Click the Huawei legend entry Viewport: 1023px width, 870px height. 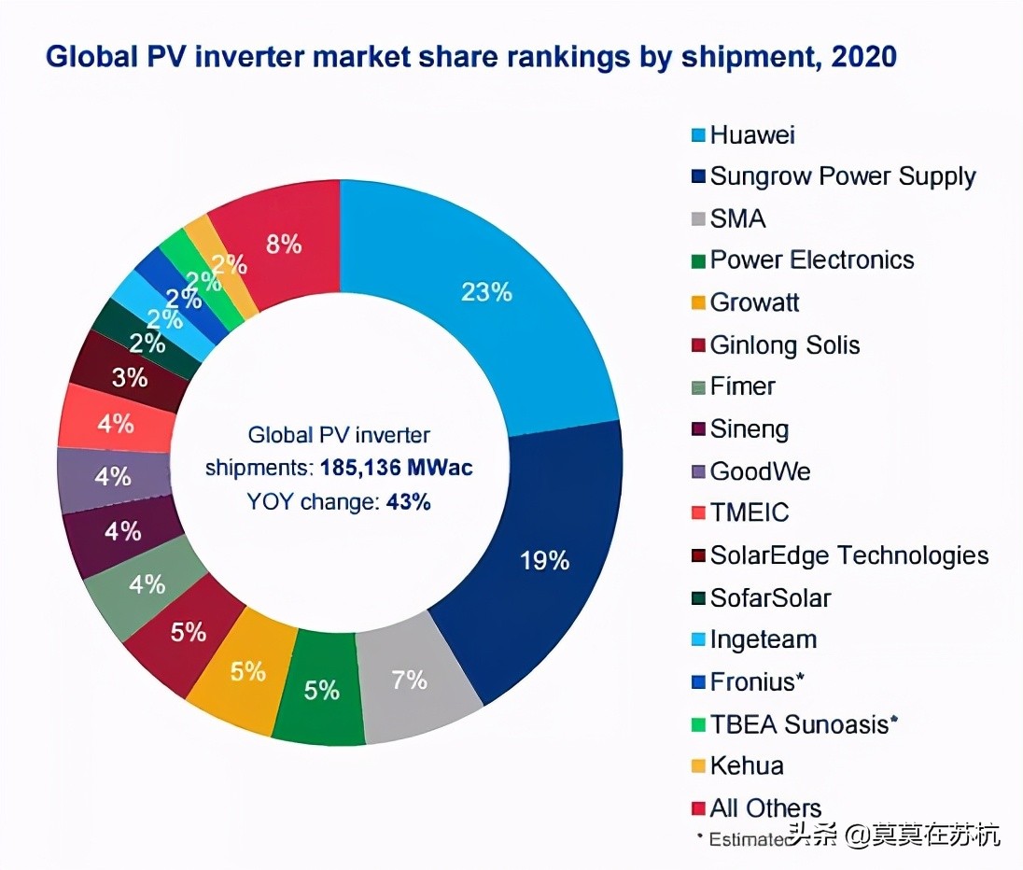coord(752,134)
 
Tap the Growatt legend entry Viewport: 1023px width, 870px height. coord(754,302)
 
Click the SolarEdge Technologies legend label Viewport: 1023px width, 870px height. coord(848,555)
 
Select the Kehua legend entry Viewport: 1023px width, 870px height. coord(746,765)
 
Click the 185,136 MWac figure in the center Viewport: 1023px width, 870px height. coord(397,467)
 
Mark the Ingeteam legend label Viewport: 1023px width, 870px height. coord(763,639)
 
